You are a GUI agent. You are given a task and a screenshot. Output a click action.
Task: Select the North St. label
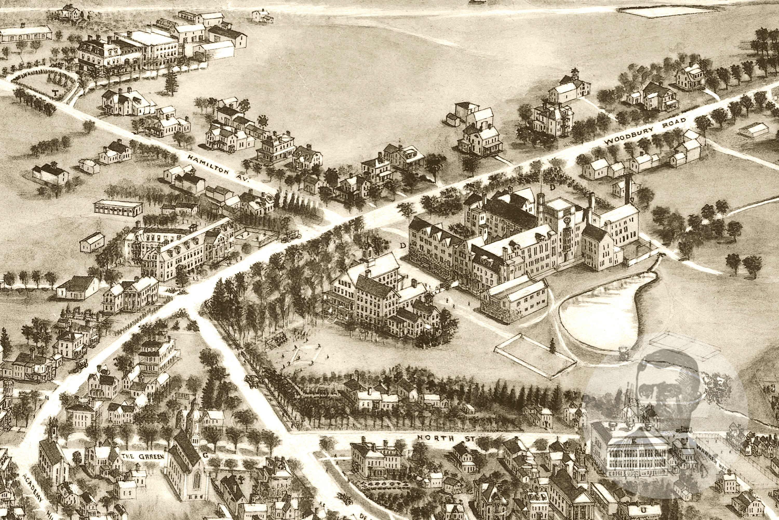446,438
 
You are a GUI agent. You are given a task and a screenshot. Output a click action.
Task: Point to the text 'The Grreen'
142,456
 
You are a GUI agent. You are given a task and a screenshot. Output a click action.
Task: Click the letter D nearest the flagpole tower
552,187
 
